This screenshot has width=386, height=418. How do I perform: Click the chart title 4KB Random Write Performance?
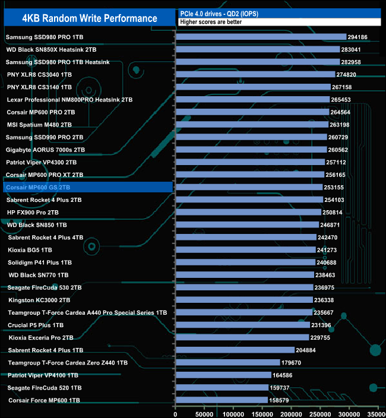pyautogui.click(x=89, y=18)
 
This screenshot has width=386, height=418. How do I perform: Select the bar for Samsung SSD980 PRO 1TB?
pyautogui.click(x=261, y=37)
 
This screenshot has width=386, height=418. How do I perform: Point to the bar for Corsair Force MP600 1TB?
pyautogui.click(x=222, y=400)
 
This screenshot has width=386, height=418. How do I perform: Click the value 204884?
pyautogui.click(x=308, y=350)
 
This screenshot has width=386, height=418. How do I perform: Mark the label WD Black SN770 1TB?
pyautogui.click(x=39, y=275)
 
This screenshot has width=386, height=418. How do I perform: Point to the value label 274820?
pyautogui.click(x=348, y=75)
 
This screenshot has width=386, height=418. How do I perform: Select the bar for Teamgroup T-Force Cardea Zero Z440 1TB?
pyautogui.click(x=228, y=363)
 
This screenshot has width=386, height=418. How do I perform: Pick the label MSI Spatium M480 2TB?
pyautogui.click(x=39, y=125)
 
